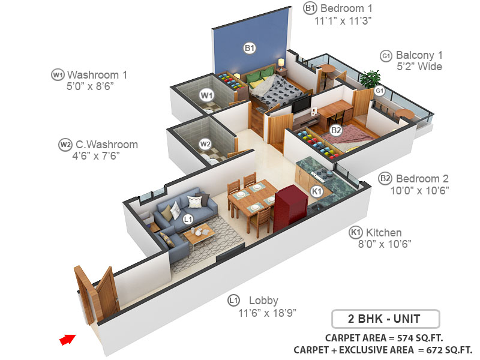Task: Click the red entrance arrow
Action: click(x=67, y=339)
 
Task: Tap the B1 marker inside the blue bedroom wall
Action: click(x=249, y=48)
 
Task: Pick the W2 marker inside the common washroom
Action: click(x=205, y=144)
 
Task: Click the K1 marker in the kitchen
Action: click(x=317, y=191)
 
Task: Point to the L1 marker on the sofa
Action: click(x=188, y=220)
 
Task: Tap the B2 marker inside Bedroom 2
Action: click(x=335, y=130)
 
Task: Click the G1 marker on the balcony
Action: click(x=379, y=91)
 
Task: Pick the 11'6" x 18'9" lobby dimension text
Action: click(x=266, y=313)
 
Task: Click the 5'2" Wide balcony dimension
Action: click(x=419, y=67)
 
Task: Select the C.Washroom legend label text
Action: click(x=107, y=145)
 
